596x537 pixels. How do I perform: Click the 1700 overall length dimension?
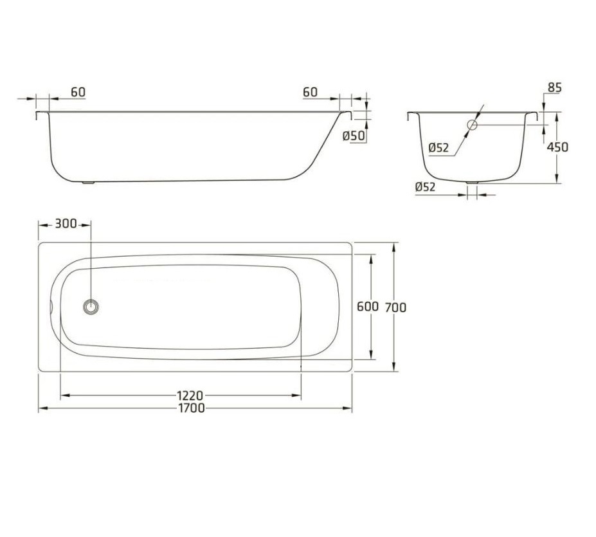coord(191,408)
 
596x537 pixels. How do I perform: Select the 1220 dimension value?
coord(190,396)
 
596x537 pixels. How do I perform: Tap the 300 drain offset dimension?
coord(66,224)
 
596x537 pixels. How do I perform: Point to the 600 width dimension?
coord(368,306)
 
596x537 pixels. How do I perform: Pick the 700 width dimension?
coord(395,307)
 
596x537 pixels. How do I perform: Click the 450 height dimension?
coord(557,147)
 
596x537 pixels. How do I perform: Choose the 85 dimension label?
coord(554,87)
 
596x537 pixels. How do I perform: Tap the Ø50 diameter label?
coord(354,136)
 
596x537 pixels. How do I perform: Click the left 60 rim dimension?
coord(78,92)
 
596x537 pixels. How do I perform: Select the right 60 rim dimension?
coord(310,92)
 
